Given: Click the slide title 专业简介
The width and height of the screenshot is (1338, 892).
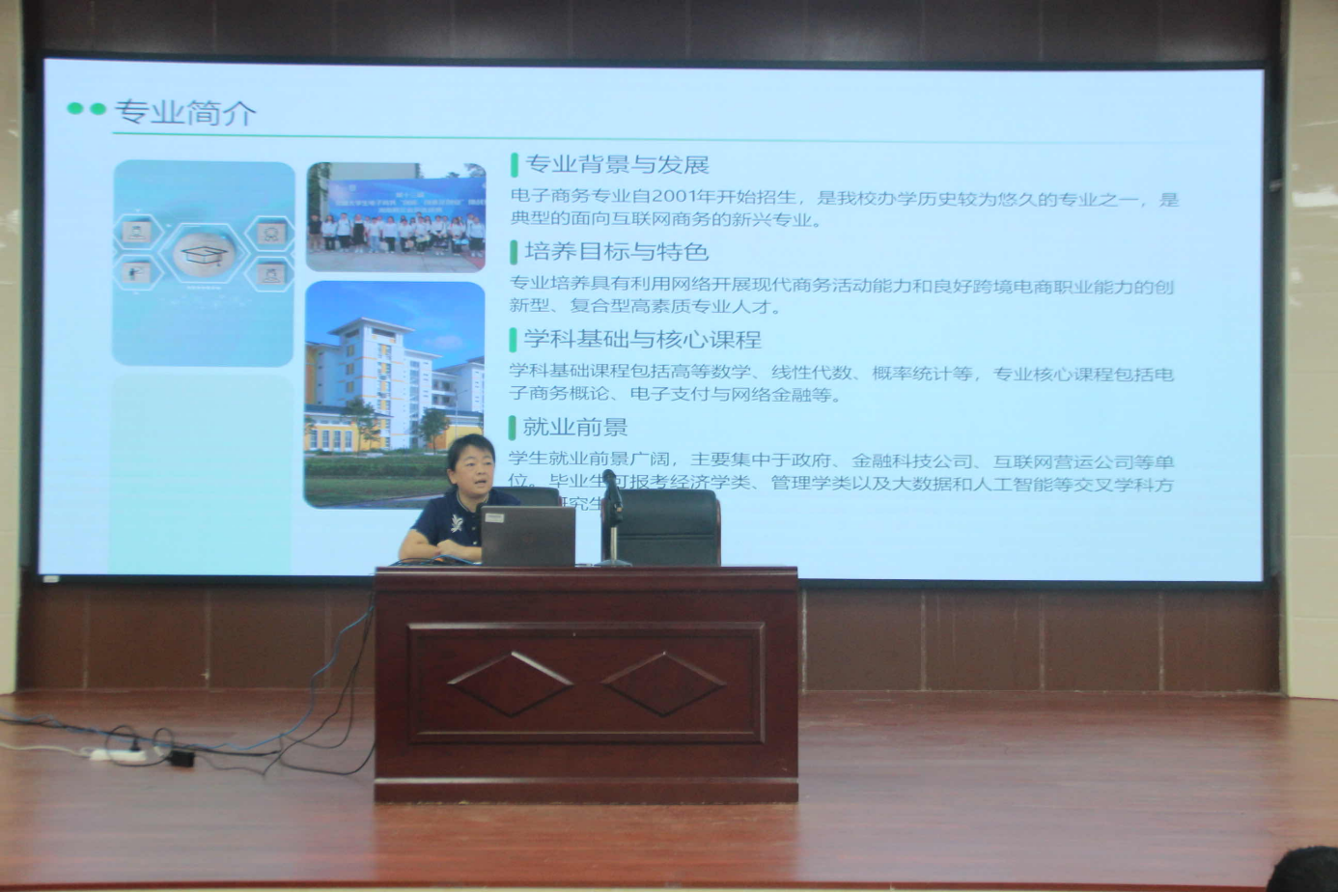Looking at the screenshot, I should [185, 113].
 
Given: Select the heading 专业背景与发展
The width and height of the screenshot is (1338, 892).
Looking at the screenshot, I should [616, 165].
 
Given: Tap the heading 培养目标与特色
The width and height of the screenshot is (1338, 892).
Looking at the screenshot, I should [616, 252].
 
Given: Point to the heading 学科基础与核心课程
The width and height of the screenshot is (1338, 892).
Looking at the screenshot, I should [642, 340].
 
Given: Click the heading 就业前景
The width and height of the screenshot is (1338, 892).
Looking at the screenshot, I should [575, 427].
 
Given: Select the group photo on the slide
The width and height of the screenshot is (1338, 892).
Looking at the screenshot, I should [396, 217].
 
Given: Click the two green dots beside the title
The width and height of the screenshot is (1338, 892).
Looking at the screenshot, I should [86, 109].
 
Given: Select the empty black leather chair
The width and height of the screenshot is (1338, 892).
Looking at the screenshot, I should [666, 526].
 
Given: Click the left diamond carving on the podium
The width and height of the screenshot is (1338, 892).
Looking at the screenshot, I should [510, 683].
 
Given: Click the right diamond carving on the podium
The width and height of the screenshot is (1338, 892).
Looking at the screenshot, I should [663, 683].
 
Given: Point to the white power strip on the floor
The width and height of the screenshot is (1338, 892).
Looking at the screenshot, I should [118, 754].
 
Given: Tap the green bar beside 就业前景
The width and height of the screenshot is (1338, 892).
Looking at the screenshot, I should [513, 427].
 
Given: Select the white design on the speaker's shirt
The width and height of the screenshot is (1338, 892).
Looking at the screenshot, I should [455, 525].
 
